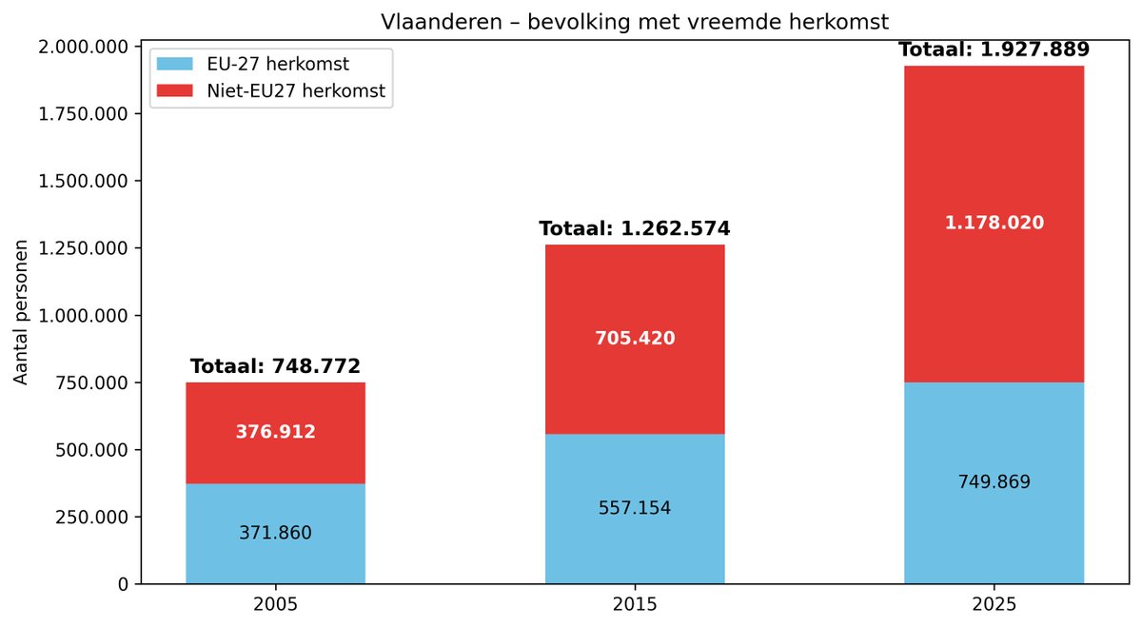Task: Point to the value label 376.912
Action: [x=275, y=432]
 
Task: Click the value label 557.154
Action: [x=635, y=508]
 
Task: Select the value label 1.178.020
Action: [x=994, y=223]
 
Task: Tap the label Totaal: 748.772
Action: [x=275, y=366]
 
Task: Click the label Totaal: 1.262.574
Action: [x=635, y=228]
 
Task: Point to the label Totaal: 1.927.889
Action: [x=994, y=49]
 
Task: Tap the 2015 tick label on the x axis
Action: [x=635, y=604]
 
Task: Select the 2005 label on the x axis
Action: [x=275, y=604]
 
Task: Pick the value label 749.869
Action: [x=994, y=482]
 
